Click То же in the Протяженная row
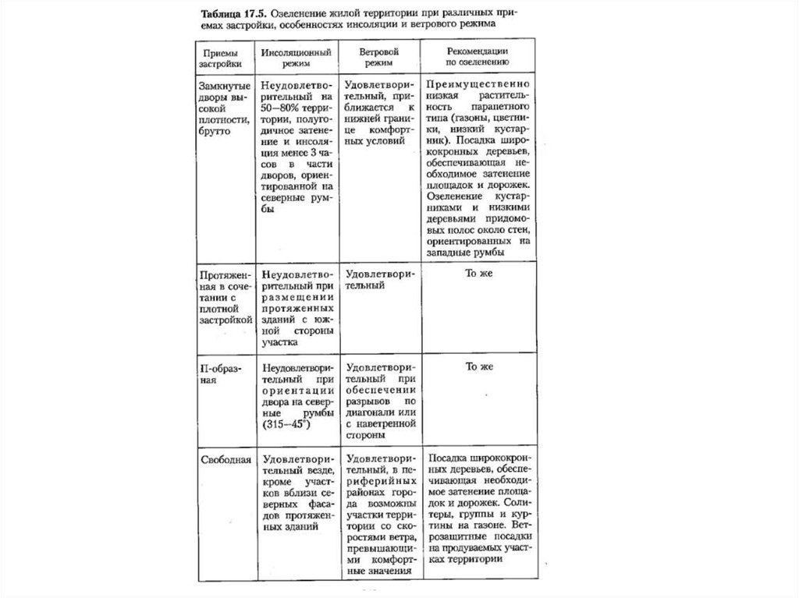[x=480, y=274]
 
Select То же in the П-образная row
[x=480, y=366]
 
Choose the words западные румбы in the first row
[x=466, y=253]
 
